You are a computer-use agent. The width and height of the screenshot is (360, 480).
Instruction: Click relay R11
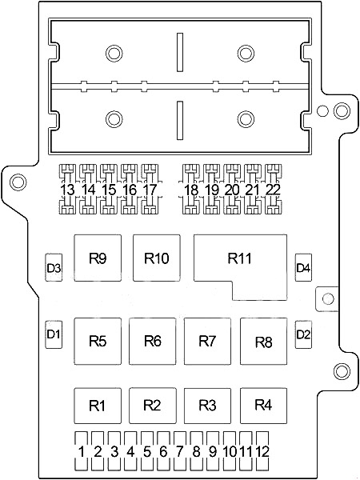(x=240, y=258)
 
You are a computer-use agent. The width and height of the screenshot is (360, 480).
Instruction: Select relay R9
(x=98, y=258)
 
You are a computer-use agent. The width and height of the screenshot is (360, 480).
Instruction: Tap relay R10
(x=157, y=258)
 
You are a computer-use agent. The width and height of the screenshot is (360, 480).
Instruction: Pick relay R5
(x=98, y=341)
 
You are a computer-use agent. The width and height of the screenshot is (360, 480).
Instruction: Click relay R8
(x=263, y=341)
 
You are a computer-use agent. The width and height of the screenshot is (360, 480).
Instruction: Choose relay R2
(x=153, y=406)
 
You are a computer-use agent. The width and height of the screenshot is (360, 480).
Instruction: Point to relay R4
(x=263, y=406)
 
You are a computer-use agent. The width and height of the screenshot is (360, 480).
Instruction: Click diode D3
(x=54, y=267)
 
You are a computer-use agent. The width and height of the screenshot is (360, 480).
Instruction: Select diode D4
(x=303, y=267)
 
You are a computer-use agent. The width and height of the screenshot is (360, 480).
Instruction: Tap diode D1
(x=54, y=334)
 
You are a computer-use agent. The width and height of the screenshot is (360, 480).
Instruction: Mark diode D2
(x=303, y=334)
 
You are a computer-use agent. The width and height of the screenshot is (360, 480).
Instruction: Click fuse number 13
(x=68, y=189)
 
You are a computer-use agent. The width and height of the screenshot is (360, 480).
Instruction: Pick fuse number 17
(x=150, y=189)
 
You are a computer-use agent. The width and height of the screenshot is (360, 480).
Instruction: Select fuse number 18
(x=191, y=189)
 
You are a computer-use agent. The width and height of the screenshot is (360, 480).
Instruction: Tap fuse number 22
(x=273, y=189)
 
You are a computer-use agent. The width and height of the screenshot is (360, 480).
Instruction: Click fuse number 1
(x=81, y=450)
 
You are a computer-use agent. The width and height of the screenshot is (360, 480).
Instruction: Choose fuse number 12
(x=262, y=450)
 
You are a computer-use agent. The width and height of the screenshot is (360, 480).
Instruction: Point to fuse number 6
(x=163, y=450)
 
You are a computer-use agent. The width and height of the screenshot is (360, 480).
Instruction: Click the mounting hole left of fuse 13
(x=18, y=182)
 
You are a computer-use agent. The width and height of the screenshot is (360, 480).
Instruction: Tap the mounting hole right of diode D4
(x=328, y=298)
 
